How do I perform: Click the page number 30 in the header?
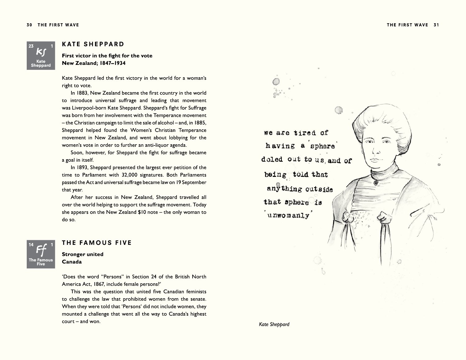point(29,25)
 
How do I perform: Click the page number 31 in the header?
point(436,25)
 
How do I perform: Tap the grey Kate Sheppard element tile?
point(41,56)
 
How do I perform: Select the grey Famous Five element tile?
point(41,254)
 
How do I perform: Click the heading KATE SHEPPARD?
point(93,44)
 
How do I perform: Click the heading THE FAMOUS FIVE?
point(97,243)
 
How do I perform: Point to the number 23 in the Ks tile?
point(31,46)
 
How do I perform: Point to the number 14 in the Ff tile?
point(31,245)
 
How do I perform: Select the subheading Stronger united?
point(82,254)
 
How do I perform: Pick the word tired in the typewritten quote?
point(305,133)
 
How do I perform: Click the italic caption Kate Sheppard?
point(274,324)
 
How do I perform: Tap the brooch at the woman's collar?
point(376,182)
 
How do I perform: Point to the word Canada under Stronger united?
point(72,262)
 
